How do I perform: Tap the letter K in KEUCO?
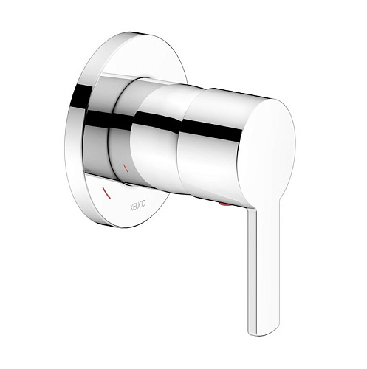(x=131, y=208)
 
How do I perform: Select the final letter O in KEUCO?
(x=144, y=204)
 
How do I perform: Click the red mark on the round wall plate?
(x=106, y=193)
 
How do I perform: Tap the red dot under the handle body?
(x=223, y=204)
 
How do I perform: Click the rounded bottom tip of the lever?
(x=264, y=334)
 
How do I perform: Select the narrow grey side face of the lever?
(x=252, y=271)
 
